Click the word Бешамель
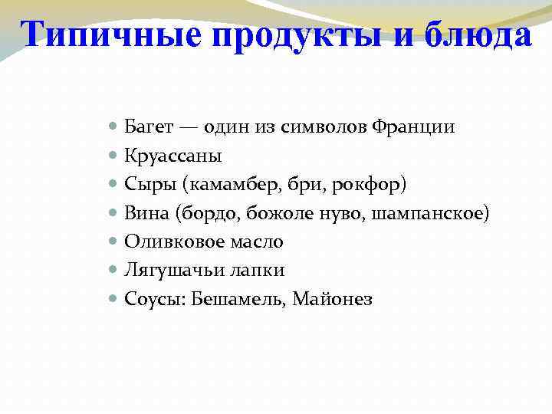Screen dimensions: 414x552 click(x=231, y=300)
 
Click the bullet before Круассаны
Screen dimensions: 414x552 click(x=113, y=156)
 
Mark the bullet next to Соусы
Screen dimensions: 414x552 click(x=113, y=299)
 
